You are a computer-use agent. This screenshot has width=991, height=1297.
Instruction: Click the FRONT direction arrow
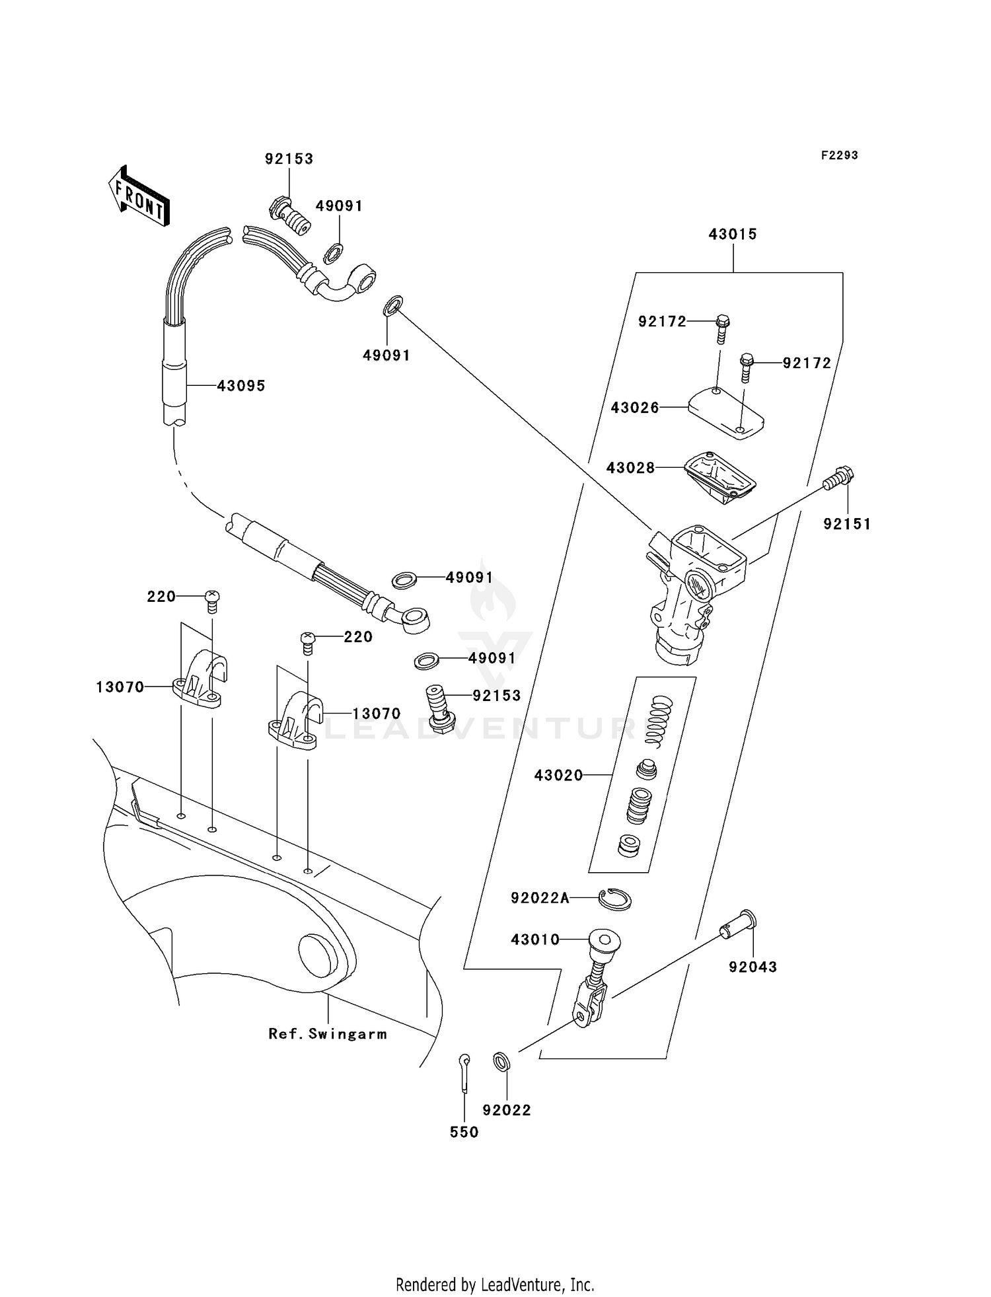139,197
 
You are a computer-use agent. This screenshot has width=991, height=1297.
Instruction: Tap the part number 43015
733,234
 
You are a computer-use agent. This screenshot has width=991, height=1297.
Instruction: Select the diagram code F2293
839,155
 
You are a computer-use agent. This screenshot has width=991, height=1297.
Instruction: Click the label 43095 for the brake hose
241,386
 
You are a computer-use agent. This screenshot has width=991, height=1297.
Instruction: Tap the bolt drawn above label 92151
839,478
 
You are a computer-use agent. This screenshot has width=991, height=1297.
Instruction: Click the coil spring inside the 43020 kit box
659,722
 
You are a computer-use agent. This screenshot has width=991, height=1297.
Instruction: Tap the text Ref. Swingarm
327,1034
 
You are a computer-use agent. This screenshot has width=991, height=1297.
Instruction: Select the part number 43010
535,940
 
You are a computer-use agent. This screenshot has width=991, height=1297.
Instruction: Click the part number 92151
847,524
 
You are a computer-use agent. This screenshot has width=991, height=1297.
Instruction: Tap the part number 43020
558,775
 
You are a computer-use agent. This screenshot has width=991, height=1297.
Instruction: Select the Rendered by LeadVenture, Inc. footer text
495,1284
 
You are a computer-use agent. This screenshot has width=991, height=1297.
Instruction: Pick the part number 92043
752,967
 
